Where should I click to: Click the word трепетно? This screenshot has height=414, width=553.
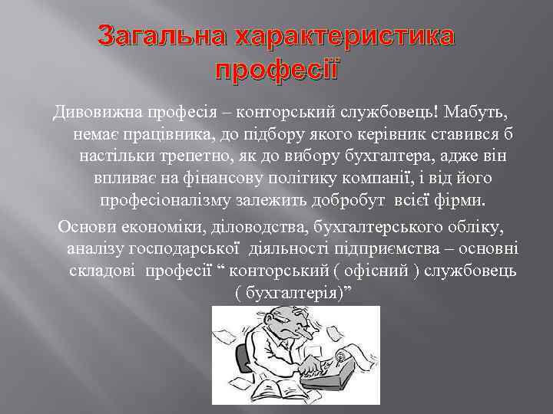[197, 156]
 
